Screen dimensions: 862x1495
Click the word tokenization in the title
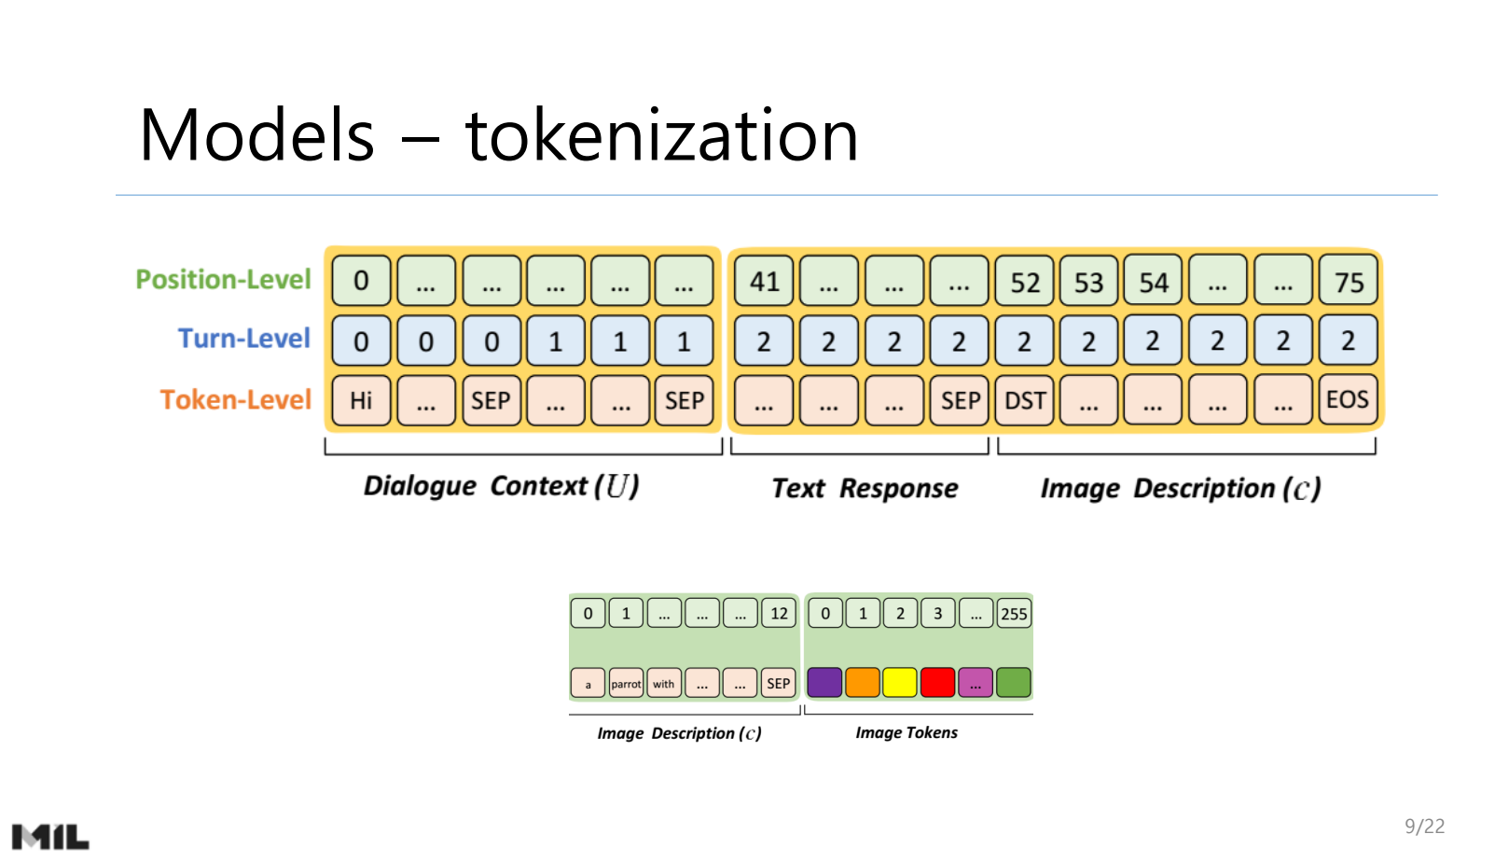click(x=661, y=136)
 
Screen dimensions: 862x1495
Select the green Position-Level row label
click(x=223, y=280)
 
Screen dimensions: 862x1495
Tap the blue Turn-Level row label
click(x=243, y=339)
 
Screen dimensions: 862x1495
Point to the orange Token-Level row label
click(x=235, y=400)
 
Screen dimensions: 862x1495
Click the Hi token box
click(x=361, y=400)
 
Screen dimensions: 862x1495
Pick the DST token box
click(x=1024, y=400)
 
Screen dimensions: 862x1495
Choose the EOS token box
click(x=1347, y=400)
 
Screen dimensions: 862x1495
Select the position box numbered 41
click(x=764, y=282)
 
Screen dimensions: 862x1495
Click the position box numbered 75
click(x=1348, y=282)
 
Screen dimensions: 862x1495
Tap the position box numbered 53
click(x=1088, y=282)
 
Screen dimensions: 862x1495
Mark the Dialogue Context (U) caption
click(x=501, y=486)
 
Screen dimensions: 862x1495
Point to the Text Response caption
click(x=865, y=489)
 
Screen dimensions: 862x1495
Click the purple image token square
click(x=824, y=683)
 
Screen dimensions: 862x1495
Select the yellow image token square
click(x=900, y=683)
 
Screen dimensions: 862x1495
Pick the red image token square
click(x=937, y=683)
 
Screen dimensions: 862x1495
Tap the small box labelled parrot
click(x=626, y=684)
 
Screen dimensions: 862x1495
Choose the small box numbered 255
click(x=1013, y=614)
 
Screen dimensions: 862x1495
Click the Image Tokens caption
click(x=907, y=733)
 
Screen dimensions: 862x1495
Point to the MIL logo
click(x=50, y=837)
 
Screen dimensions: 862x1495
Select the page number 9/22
click(x=1424, y=826)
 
